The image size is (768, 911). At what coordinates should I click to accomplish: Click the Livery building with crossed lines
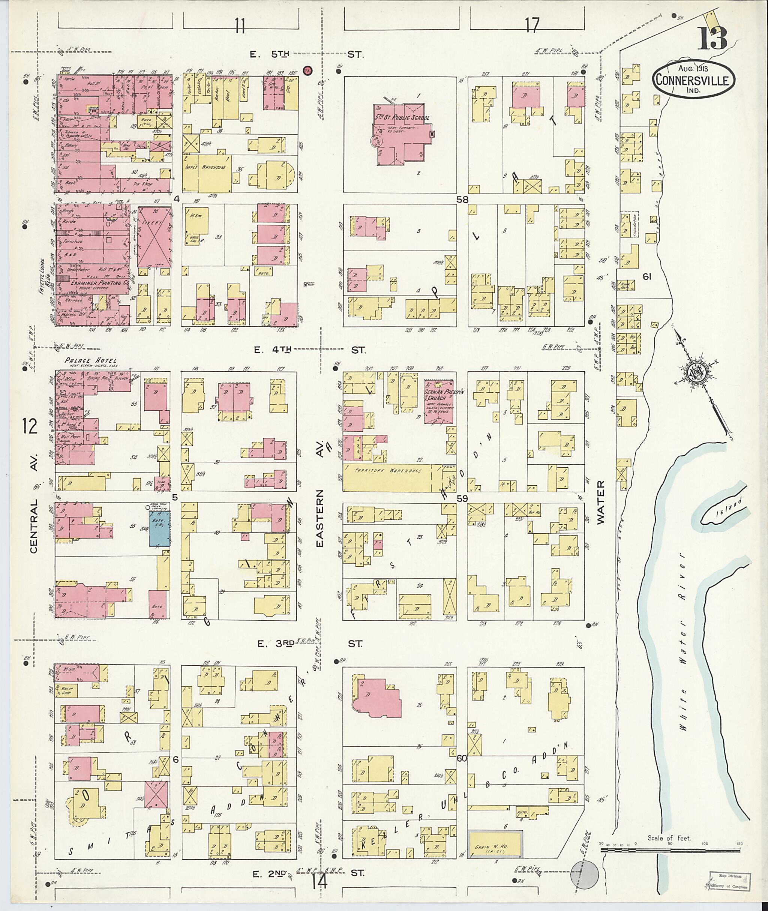tap(154, 237)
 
